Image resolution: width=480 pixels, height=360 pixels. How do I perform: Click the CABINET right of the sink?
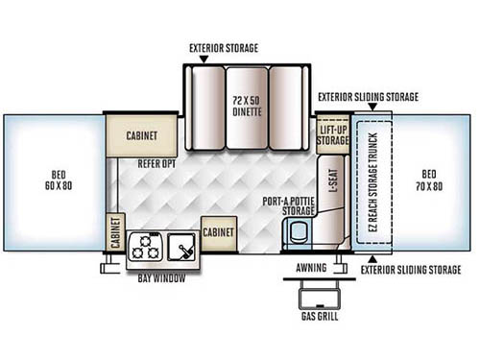(x=219, y=231)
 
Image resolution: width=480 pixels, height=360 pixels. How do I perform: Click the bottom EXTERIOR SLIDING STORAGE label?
(x=419, y=271)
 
